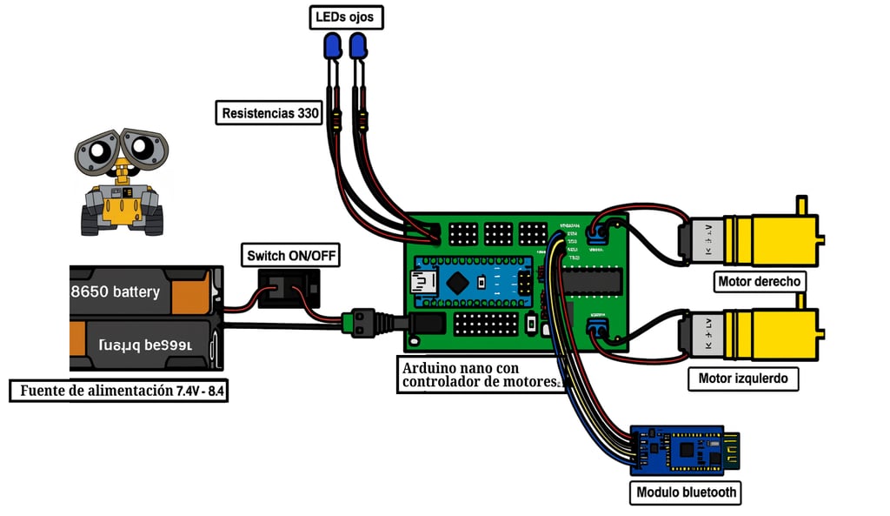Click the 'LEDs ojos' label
coord(346,17)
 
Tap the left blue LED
coord(332,46)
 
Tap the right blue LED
coord(358,46)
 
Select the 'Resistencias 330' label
coord(271,113)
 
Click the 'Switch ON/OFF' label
coord(289,255)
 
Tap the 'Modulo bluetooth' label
coord(687,493)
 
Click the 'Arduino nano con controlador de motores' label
coord(481,375)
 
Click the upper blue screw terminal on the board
coord(597,232)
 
